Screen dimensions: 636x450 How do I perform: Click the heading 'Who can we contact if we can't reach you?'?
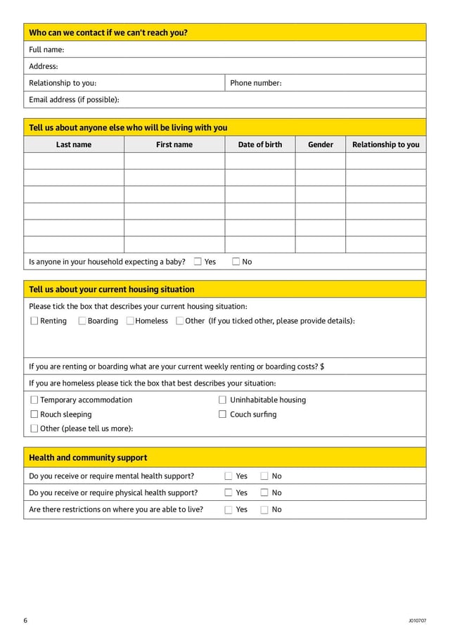(x=108, y=32)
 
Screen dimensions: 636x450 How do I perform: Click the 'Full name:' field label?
(x=46, y=49)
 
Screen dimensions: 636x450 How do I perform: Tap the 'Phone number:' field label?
(x=256, y=83)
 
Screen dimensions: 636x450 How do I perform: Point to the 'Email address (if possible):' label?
(x=74, y=100)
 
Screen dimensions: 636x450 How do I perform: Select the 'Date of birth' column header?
(x=260, y=145)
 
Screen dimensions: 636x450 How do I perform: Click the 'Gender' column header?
(x=321, y=145)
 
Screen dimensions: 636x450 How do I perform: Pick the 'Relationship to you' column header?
(x=385, y=145)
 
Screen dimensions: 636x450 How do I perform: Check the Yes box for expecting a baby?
(x=198, y=262)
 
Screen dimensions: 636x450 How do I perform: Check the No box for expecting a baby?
(x=236, y=262)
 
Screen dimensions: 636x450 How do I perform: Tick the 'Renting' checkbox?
(x=34, y=321)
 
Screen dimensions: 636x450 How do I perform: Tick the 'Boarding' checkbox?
(x=82, y=321)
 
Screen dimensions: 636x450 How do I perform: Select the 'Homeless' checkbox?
(x=130, y=321)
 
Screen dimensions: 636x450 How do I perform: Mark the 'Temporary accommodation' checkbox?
(x=34, y=400)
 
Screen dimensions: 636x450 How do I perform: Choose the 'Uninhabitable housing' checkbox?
(x=223, y=400)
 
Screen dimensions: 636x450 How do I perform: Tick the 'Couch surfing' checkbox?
(x=223, y=414)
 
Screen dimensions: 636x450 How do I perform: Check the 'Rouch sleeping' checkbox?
(x=34, y=414)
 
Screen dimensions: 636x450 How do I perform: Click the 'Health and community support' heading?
(x=88, y=458)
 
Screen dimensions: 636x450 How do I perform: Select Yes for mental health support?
(x=229, y=476)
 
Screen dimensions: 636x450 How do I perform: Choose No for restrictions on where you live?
(x=264, y=510)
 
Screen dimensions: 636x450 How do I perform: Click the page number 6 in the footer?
(x=25, y=621)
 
